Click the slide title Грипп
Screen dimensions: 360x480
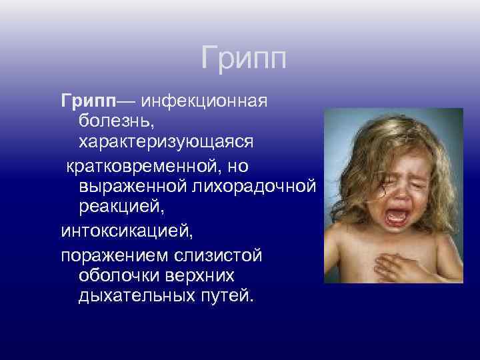[x=243, y=59]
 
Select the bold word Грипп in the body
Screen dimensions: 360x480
[x=89, y=101]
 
